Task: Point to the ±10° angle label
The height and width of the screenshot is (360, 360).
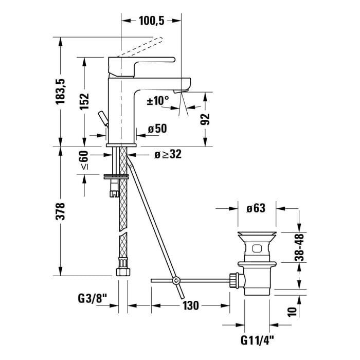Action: click(158, 100)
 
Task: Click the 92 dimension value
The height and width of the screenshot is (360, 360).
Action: click(205, 119)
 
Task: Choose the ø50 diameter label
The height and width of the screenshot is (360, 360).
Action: click(157, 129)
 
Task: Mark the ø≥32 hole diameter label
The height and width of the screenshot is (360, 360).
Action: click(168, 154)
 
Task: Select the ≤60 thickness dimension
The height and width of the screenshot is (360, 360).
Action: click(84, 161)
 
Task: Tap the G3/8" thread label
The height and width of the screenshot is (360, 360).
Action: click(92, 298)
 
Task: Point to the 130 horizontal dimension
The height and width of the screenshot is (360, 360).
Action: click(190, 305)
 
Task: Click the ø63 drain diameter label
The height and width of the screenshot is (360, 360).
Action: click(256, 209)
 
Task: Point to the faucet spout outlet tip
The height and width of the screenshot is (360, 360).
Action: click(181, 92)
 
